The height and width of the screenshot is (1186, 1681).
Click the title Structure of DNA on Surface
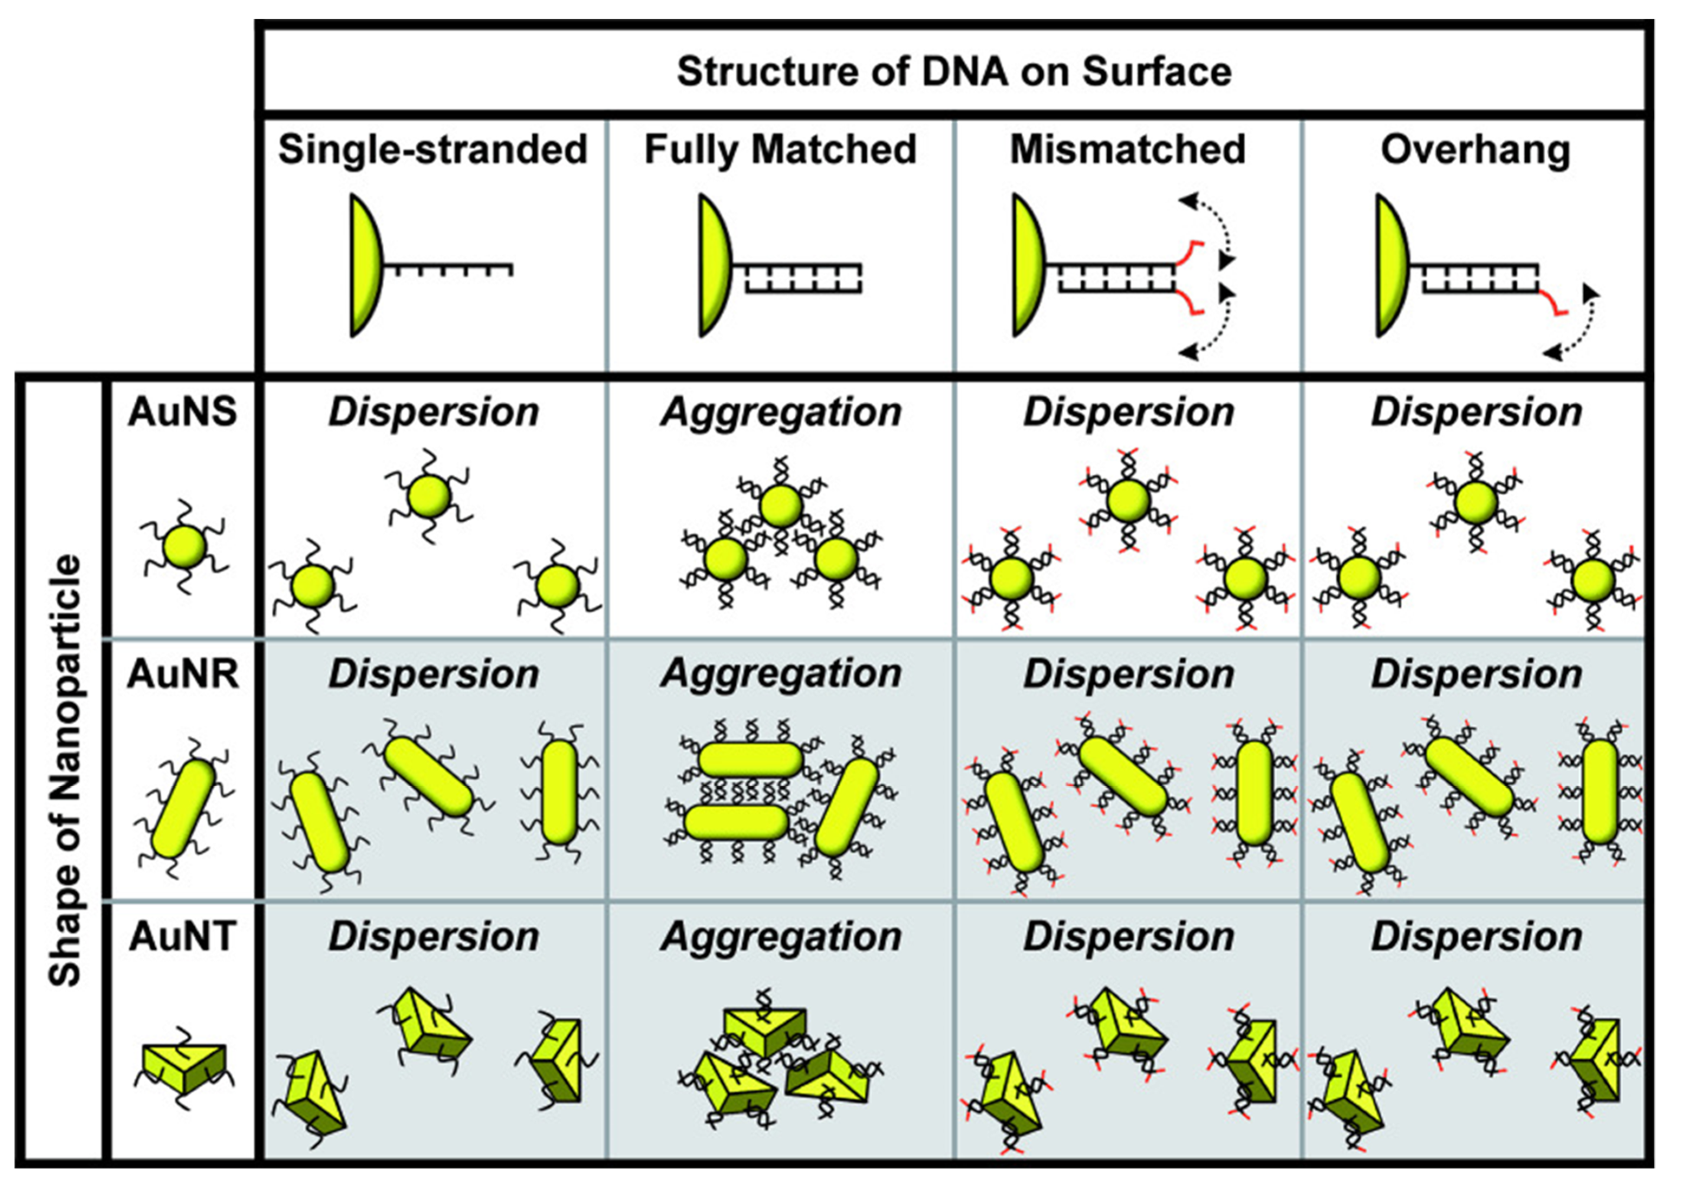pyautogui.click(x=953, y=72)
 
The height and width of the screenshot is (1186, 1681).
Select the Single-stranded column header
pyautogui.click(x=433, y=149)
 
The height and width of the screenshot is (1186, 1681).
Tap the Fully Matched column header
pyautogui.click(x=780, y=149)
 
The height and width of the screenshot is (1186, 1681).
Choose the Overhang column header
pyautogui.click(x=1475, y=149)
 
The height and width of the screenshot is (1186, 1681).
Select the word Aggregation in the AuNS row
pyautogui.click(x=780, y=412)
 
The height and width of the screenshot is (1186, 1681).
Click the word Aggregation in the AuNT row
pyautogui.click(x=780, y=937)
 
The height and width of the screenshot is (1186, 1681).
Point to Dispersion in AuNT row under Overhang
pyautogui.click(x=1476, y=937)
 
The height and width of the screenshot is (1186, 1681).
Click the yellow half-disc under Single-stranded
pyautogui.click(x=366, y=265)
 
